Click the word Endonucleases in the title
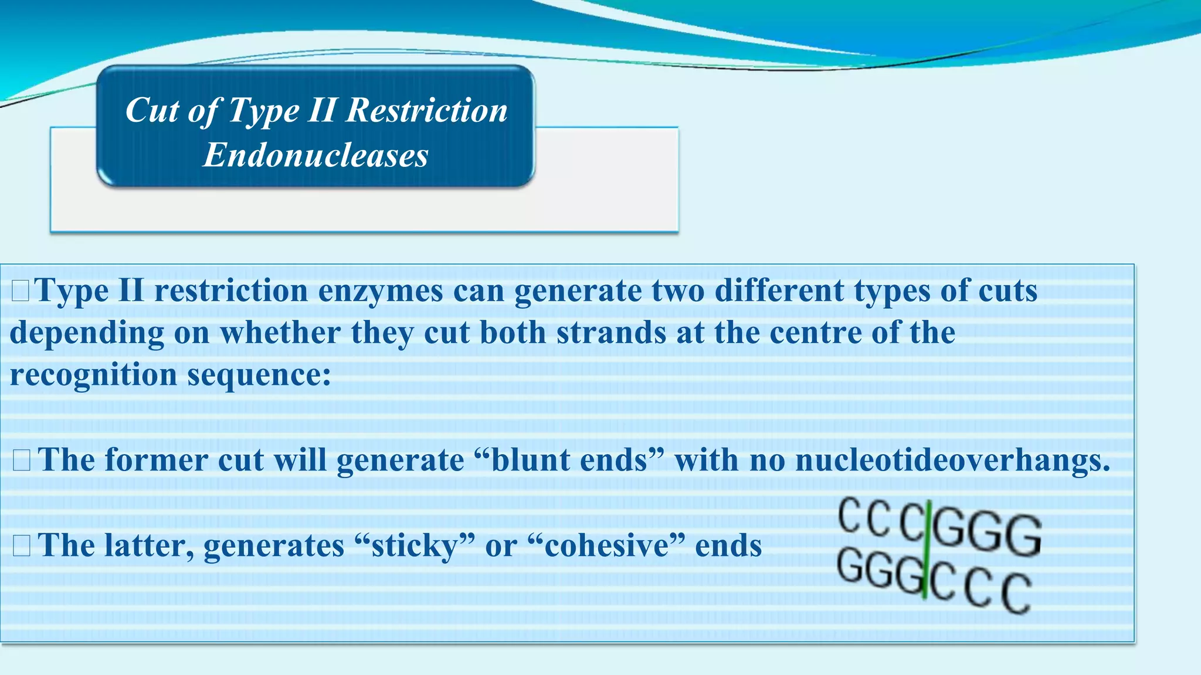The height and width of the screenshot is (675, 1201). tap(315, 155)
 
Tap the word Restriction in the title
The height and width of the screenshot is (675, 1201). tap(427, 110)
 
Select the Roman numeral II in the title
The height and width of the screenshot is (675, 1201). tap(322, 110)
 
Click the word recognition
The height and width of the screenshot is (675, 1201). tap(93, 375)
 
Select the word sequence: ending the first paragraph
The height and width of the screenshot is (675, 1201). tap(259, 375)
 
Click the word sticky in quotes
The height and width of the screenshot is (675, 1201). tap(415, 546)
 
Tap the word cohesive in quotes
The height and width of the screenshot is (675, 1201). tap(606, 546)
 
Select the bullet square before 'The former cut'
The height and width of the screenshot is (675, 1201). tap(22, 461)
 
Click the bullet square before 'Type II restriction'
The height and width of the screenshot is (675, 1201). tap(20, 291)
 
